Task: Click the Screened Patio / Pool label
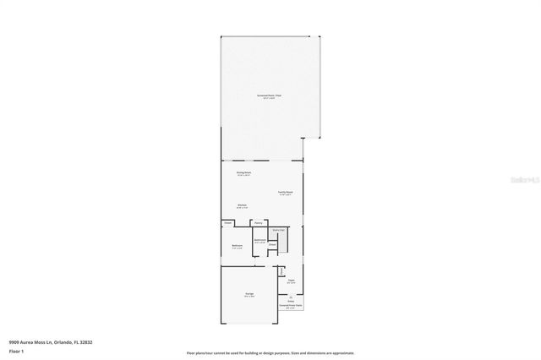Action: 269,96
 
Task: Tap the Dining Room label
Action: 244,172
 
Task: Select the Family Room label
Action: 285,192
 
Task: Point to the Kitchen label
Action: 242,205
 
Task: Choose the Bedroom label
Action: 238,246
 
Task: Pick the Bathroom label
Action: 260,240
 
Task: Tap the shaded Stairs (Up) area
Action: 278,229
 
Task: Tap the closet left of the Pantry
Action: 228,223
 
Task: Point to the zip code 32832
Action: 86,342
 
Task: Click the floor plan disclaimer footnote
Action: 270,352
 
